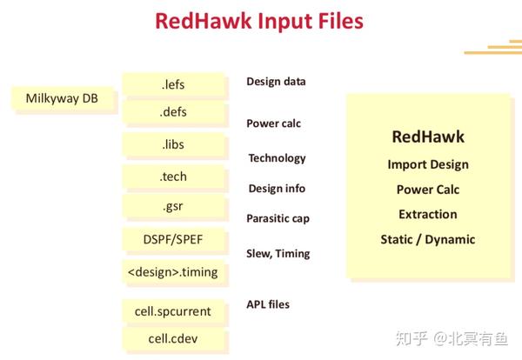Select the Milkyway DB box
coord(62,99)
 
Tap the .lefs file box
coord(173,84)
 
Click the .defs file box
coord(173,112)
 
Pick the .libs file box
coord(173,144)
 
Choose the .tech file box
coord(173,177)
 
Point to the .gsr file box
coord(173,207)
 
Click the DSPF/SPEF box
coord(173,239)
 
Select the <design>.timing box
coord(173,272)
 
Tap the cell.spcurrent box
coord(173,309)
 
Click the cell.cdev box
coord(173,339)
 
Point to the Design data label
coord(276,82)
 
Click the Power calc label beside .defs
coord(273,123)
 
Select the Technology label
coord(277,158)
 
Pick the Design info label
coord(277,188)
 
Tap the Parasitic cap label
coord(278,218)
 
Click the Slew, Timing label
coord(278,254)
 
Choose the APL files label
coord(268,304)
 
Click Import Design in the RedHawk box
coord(427,164)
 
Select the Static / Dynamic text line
coord(427,239)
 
